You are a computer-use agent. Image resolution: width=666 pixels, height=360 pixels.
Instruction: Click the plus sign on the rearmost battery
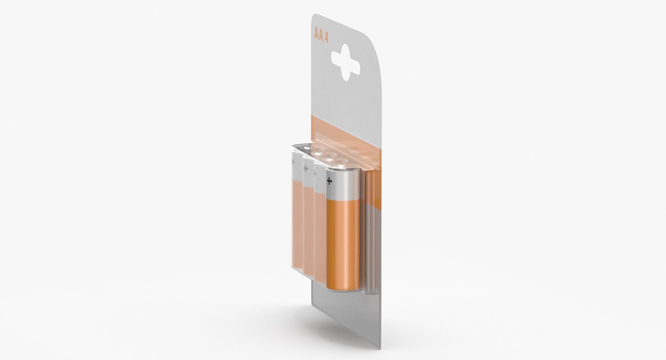tap(294, 162)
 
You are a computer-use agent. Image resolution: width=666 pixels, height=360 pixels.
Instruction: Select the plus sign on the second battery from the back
tap(306, 169)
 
